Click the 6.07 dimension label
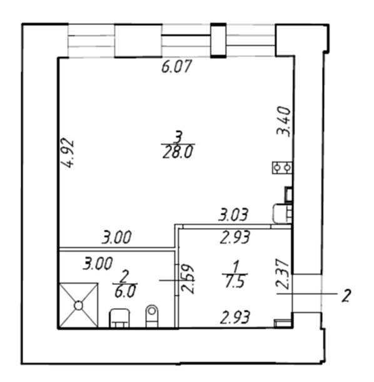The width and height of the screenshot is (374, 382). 177,66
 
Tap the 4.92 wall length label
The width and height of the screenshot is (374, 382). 67,153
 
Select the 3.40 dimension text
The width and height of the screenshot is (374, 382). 284,121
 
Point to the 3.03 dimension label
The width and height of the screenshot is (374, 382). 233,214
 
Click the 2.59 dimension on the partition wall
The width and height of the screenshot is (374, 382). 188,279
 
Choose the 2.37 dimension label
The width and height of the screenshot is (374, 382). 283,274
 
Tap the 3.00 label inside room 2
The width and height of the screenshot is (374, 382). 98,264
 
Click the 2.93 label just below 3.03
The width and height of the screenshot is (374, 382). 235,237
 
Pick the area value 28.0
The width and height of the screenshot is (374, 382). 178,153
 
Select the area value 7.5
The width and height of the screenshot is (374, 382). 235,282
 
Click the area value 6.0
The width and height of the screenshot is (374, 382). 125,291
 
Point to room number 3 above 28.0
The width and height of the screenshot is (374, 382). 179,137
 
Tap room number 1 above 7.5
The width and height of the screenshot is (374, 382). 235,267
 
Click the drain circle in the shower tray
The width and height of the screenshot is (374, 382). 78,306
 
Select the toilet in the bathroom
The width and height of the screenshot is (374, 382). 152,316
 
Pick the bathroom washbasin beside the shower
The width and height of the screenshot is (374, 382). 119,318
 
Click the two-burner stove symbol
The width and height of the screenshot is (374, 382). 282,168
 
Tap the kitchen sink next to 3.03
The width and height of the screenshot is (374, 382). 282,214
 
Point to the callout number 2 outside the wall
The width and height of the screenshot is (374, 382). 346,296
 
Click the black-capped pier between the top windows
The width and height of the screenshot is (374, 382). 218,41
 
